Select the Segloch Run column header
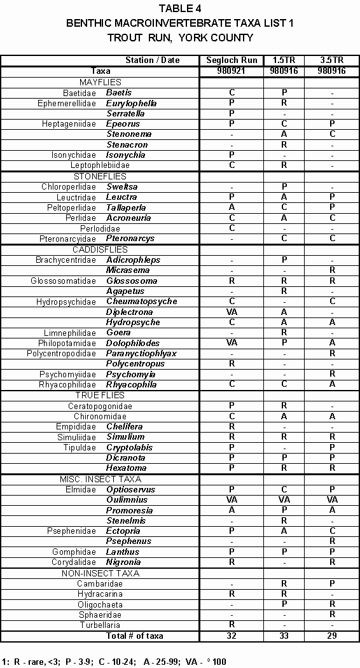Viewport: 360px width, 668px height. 232,60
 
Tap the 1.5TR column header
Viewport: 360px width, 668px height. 284,60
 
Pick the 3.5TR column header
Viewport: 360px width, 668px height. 331,60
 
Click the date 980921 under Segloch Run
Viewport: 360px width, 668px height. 232,71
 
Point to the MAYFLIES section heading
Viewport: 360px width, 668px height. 100,82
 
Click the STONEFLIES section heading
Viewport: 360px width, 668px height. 100,176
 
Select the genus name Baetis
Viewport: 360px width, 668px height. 119,93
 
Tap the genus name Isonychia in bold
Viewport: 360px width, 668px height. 125,155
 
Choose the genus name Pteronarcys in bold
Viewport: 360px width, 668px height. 130,239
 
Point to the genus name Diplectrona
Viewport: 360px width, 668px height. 129,312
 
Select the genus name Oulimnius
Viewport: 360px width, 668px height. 125,500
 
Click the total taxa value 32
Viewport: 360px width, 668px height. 232,636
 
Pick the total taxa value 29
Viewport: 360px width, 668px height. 331,636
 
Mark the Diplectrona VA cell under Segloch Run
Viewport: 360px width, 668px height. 232,312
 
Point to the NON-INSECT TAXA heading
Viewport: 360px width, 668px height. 100,573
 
